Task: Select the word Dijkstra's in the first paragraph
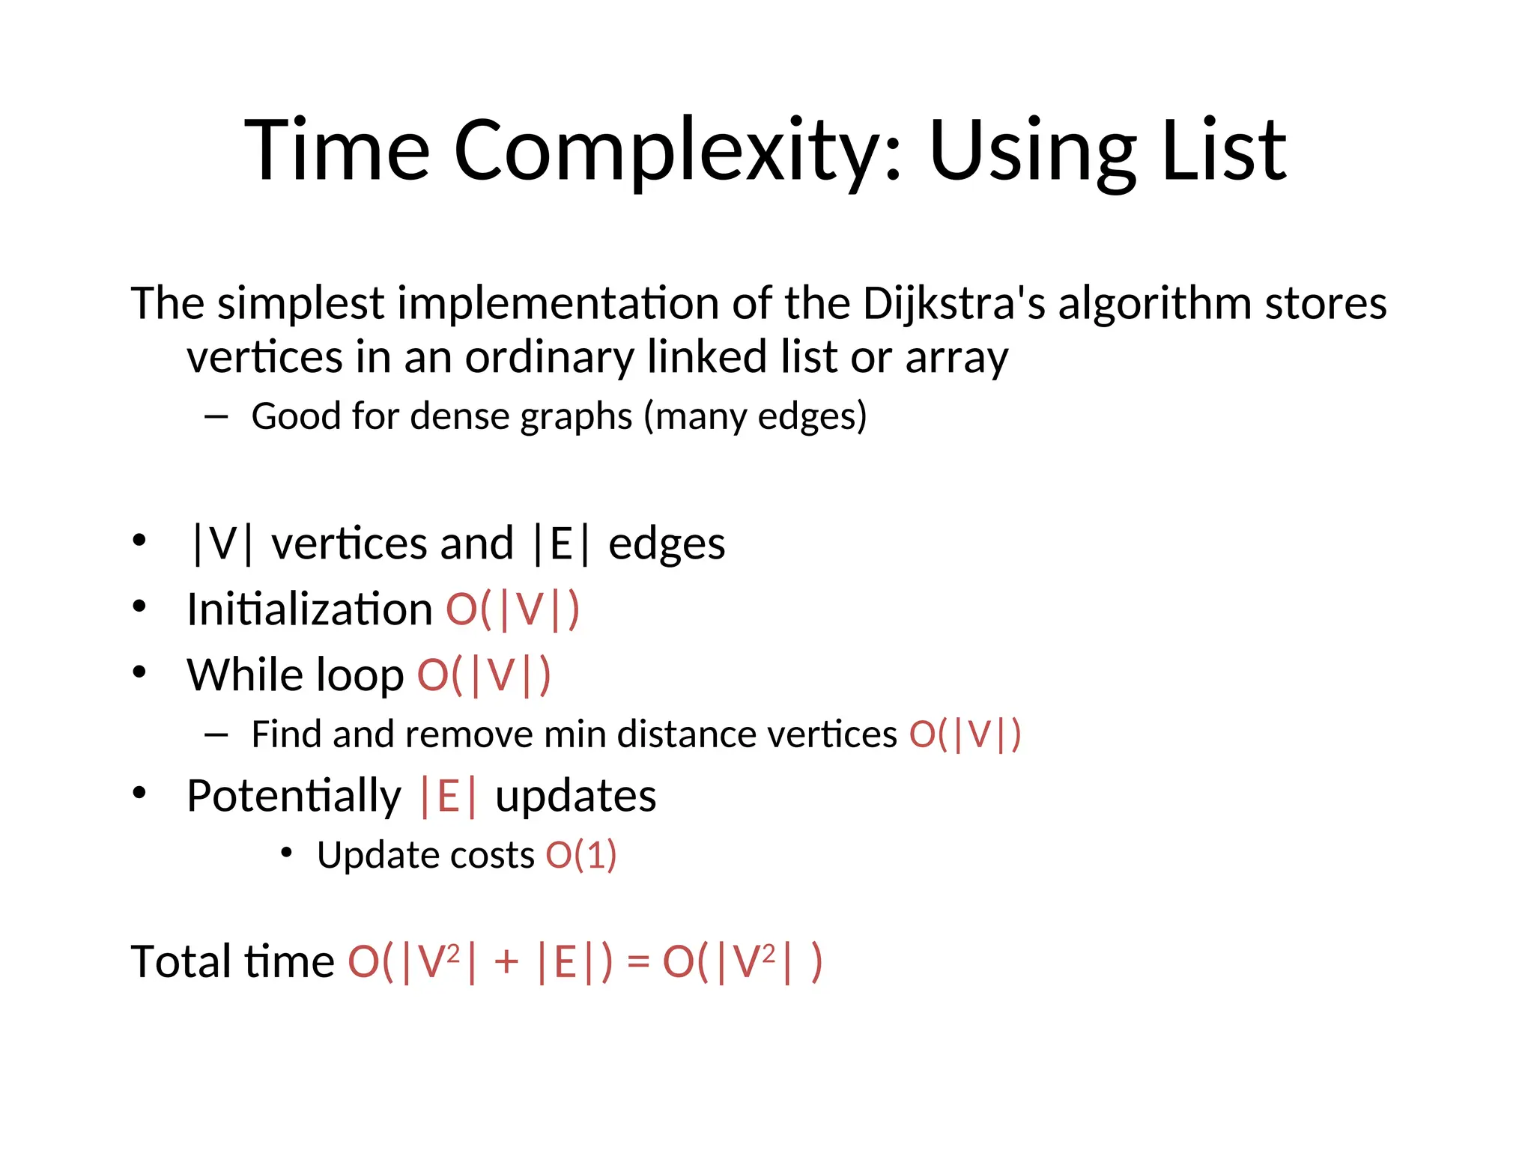click(x=954, y=304)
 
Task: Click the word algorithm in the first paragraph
click(x=1154, y=304)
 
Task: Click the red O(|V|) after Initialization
click(x=512, y=609)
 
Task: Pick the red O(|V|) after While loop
click(x=484, y=675)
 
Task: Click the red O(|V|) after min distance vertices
click(x=965, y=734)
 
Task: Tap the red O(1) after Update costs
click(x=581, y=855)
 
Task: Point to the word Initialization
click(x=309, y=609)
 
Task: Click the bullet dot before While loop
click(x=139, y=672)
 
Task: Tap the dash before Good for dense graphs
click(x=216, y=417)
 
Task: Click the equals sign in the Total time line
click(x=637, y=961)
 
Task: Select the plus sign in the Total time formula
click(x=506, y=961)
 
